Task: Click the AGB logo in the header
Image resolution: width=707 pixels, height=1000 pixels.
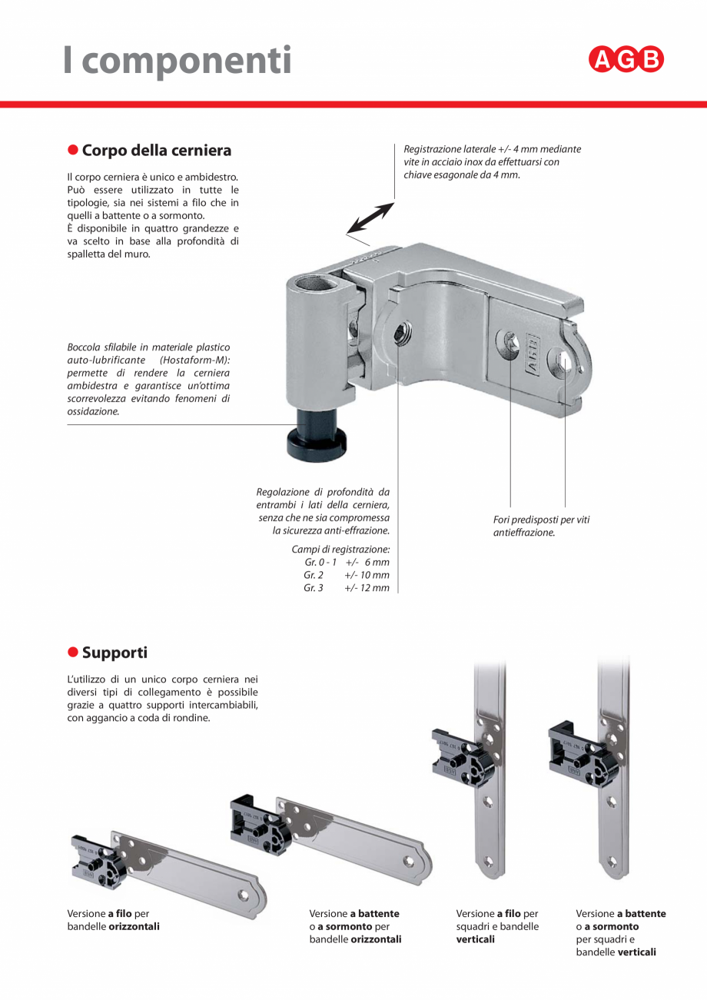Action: tap(626, 60)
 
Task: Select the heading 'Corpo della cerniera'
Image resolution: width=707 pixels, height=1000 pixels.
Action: tap(156, 150)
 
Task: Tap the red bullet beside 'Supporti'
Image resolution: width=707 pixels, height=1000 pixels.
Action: tap(73, 652)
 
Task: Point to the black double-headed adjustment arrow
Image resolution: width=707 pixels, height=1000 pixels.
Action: tap(370, 218)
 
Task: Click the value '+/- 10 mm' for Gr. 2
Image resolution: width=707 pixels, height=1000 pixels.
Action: tap(367, 575)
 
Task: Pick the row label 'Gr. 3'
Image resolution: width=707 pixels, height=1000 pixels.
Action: tap(314, 588)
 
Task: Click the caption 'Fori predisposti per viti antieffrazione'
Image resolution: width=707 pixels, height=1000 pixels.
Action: tap(541, 526)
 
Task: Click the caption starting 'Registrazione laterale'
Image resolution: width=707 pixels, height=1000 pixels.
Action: tap(492, 161)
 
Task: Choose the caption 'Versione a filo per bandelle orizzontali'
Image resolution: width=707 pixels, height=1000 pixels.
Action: tap(114, 920)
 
